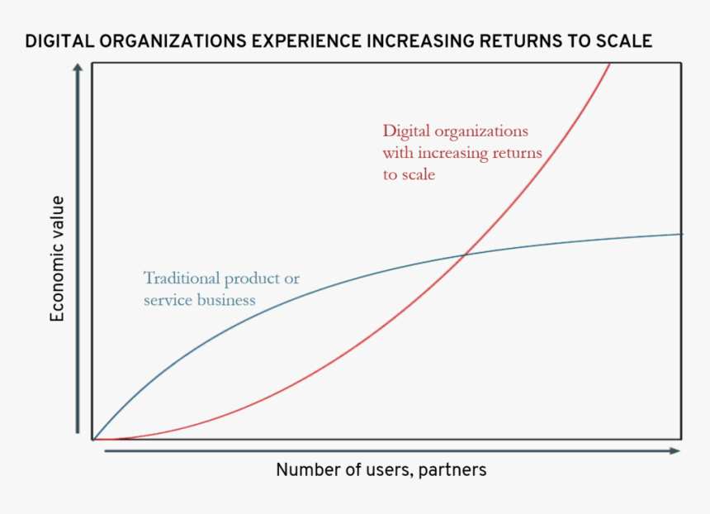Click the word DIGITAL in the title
click(x=57, y=41)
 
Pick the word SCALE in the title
click(x=626, y=41)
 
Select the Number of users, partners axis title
click(x=381, y=470)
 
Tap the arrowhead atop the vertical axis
click(x=78, y=69)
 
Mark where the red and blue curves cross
click(x=466, y=255)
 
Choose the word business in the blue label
click(x=226, y=300)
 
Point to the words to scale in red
click(x=408, y=174)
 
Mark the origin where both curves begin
click(x=93, y=440)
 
